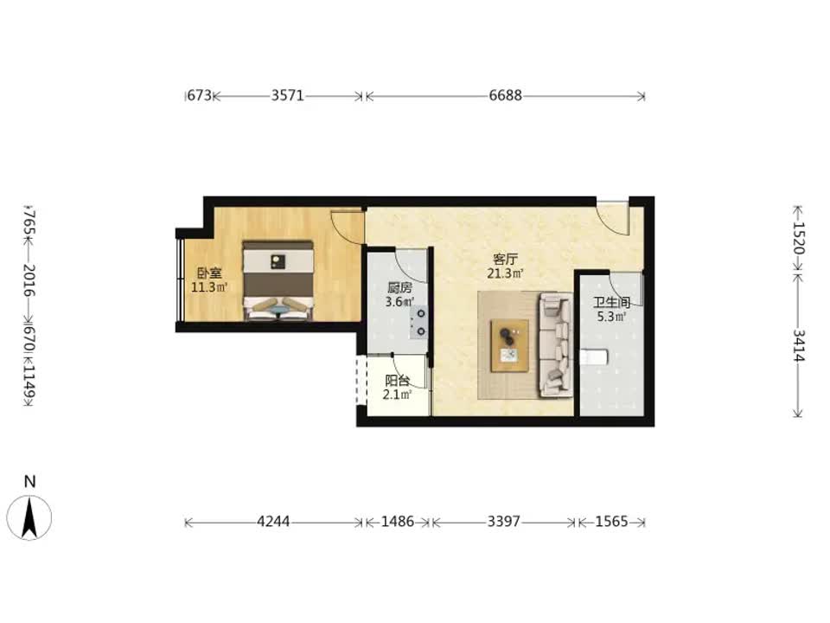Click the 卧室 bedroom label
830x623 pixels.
(x=209, y=273)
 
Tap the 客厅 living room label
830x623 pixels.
(x=505, y=260)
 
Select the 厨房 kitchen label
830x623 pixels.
(x=399, y=288)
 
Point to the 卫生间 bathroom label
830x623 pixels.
(x=611, y=303)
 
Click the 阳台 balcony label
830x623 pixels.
(x=398, y=381)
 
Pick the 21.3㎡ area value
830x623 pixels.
(x=506, y=274)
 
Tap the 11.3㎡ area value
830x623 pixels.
(x=209, y=287)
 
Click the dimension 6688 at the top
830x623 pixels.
(x=505, y=95)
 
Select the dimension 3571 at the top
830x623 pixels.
(x=287, y=95)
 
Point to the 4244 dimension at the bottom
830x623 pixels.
(x=273, y=522)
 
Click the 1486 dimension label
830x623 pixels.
(x=398, y=522)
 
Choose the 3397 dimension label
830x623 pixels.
(x=504, y=522)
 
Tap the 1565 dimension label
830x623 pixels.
(x=611, y=522)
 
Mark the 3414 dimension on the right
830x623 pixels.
(x=799, y=345)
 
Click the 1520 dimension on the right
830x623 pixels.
(x=799, y=238)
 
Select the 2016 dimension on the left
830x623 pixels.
(x=29, y=280)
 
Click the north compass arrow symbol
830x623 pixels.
(x=29, y=517)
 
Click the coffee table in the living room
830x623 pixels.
(x=509, y=345)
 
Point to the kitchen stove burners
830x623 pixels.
(x=421, y=323)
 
